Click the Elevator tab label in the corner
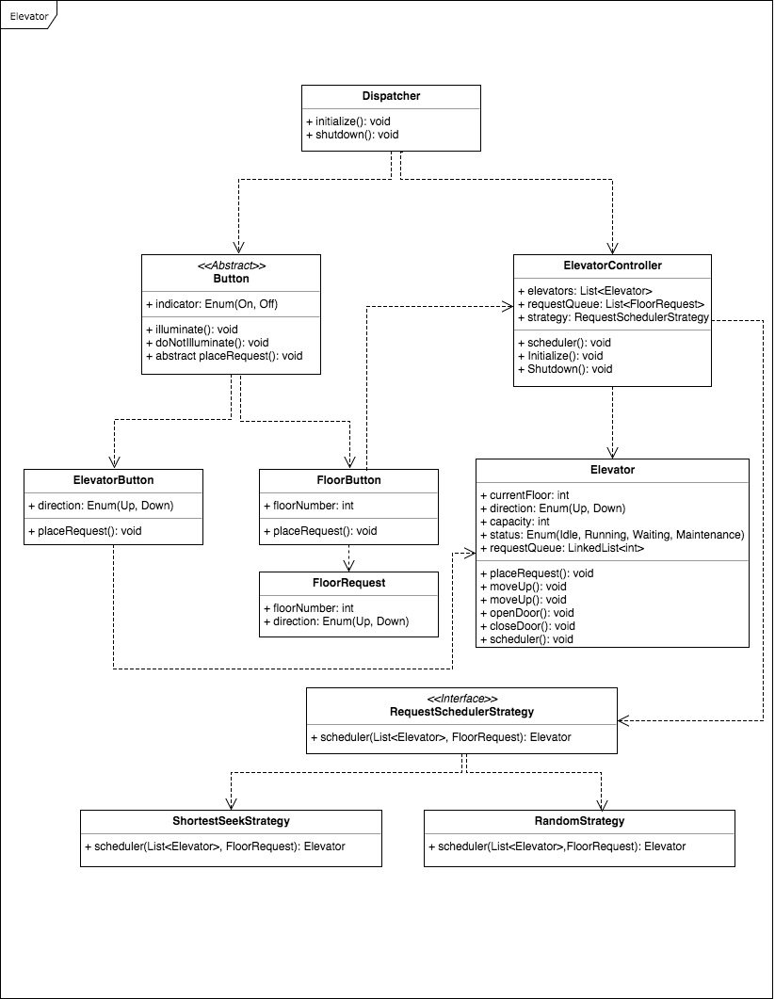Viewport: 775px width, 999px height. tap(28, 16)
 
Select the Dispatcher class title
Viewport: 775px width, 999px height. tap(391, 96)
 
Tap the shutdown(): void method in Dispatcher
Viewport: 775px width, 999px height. tap(352, 135)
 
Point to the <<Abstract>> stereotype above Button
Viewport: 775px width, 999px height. tap(231, 266)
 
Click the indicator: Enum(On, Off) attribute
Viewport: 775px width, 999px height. tap(212, 304)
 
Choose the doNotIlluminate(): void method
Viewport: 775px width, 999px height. tap(207, 343)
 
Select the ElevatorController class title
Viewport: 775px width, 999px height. tap(612, 266)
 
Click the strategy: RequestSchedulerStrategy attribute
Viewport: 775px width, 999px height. tap(613, 317)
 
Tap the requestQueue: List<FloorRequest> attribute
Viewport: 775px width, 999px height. tap(611, 304)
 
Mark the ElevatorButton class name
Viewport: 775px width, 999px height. tap(113, 480)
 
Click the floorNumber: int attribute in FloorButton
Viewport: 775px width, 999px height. tap(309, 506)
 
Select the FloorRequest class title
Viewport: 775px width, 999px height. tap(348, 583)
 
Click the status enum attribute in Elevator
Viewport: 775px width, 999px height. tap(612, 535)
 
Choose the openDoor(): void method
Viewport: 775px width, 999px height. tap(532, 613)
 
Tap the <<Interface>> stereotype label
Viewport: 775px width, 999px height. tap(461, 699)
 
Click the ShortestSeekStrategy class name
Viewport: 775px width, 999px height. tap(231, 821)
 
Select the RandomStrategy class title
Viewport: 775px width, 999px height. tap(579, 821)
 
